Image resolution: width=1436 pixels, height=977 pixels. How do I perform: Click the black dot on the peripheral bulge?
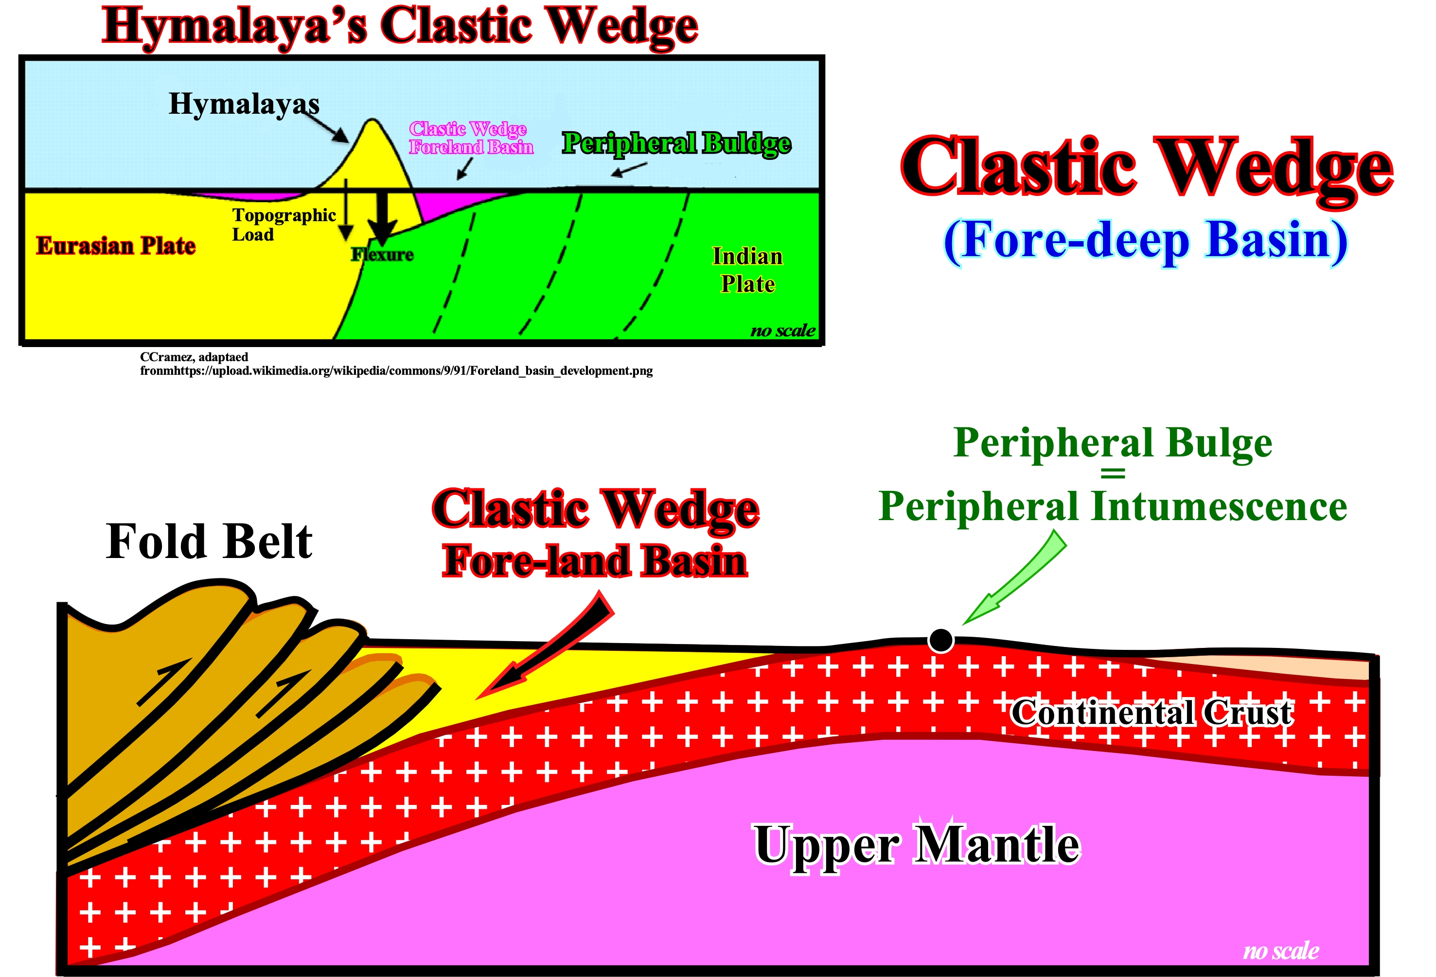point(940,641)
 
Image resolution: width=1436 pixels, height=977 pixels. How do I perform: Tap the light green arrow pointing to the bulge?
point(1013,578)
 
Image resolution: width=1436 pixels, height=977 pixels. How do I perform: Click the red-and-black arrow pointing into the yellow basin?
point(544,646)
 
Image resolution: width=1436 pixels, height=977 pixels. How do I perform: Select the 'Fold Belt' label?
point(209,541)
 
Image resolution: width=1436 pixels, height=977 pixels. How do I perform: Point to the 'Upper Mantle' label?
point(917,845)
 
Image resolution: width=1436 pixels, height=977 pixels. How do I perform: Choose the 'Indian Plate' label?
point(747,270)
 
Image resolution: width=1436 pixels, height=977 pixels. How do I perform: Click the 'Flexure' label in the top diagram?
point(382,254)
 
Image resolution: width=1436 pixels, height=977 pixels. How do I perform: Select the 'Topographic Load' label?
point(284,224)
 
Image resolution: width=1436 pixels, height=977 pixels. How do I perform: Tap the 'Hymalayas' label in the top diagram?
point(244,104)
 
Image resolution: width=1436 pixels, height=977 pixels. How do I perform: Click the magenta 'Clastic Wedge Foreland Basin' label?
point(471,138)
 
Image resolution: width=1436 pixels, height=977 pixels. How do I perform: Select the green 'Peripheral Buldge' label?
point(676,143)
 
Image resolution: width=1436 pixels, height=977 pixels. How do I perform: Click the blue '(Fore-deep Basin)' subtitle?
point(1146,241)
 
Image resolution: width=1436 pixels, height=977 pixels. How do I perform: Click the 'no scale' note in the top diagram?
point(783,331)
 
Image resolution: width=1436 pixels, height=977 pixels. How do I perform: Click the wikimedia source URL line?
point(396,370)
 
